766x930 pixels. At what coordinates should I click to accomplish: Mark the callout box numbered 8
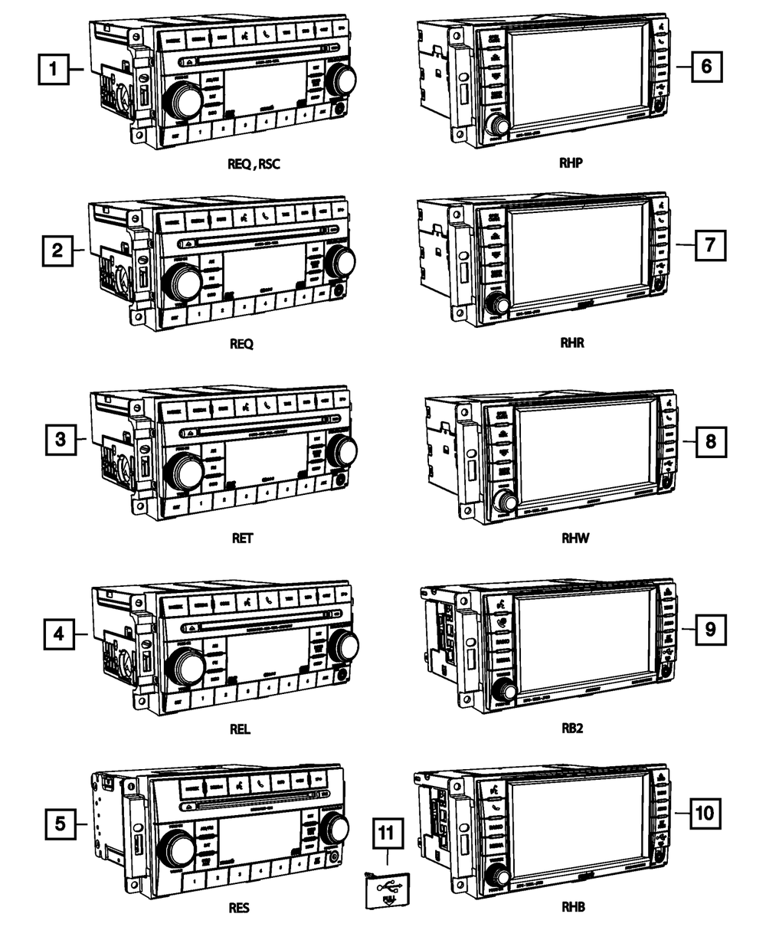[x=710, y=441]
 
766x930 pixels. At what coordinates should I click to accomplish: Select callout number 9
[x=710, y=630]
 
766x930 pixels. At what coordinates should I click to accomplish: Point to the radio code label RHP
[x=572, y=163]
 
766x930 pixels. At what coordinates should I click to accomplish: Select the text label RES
[x=240, y=909]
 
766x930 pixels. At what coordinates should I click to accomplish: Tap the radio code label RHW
[x=573, y=538]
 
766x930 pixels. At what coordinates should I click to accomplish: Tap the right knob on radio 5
[x=335, y=827]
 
